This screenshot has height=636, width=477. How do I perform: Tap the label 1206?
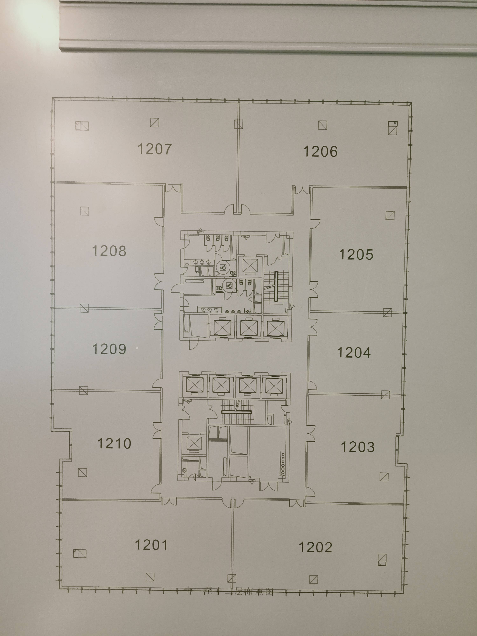point(320,152)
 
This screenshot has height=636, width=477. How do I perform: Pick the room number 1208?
point(109,251)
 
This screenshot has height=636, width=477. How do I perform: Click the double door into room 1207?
point(173,188)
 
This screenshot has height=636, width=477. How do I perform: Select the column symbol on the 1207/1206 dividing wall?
point(238,124)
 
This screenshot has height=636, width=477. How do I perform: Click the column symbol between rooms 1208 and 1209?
point(84,308)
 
